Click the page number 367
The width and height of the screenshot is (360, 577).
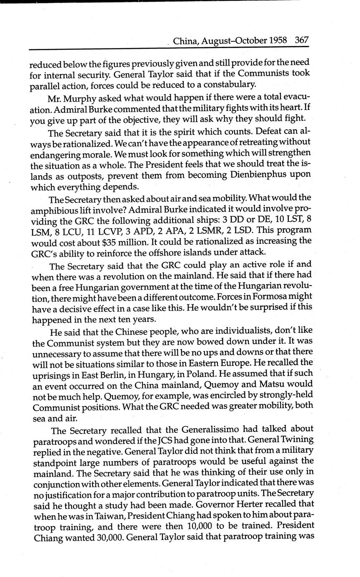301,41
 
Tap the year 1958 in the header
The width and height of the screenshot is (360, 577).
278,41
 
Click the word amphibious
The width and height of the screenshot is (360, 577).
53,209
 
